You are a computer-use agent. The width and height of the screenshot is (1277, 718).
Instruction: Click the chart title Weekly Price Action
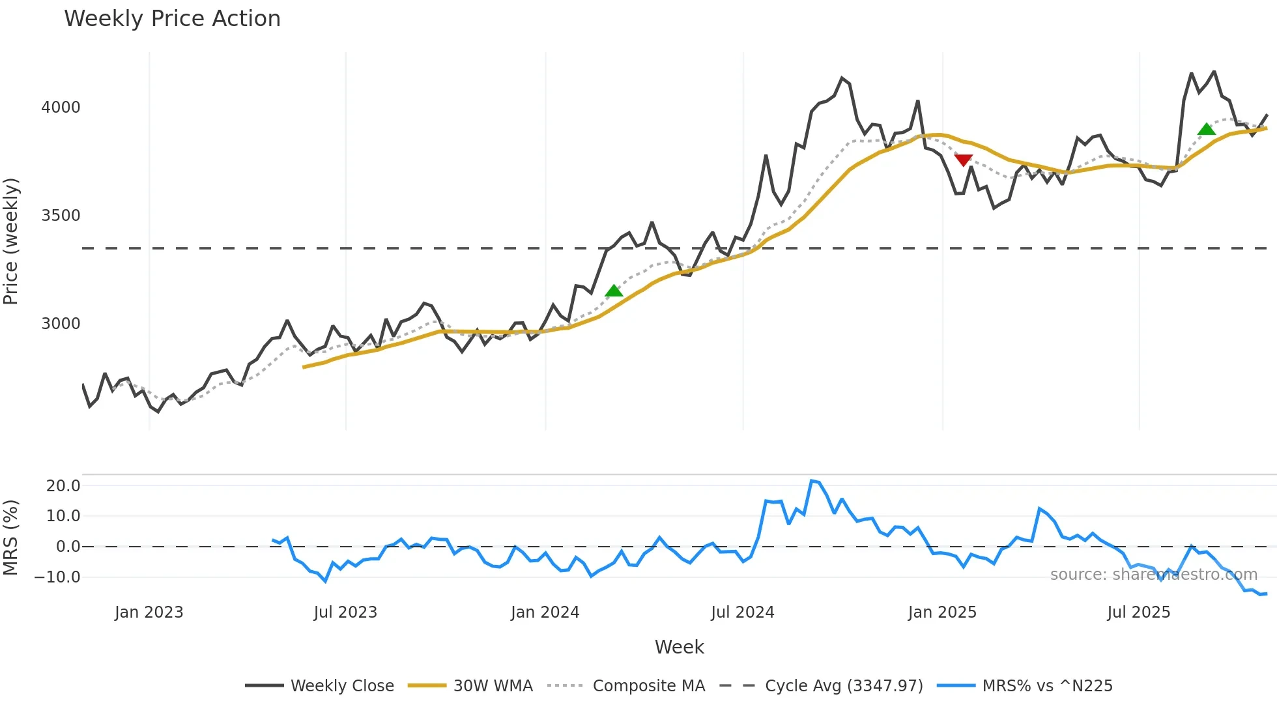(x=172, y=19)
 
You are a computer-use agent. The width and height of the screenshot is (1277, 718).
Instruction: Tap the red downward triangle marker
(x=963, y=160)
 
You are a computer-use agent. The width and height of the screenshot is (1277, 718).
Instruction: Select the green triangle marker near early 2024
(x=614, y=291)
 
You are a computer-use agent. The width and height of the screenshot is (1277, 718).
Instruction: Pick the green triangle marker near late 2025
(x=1207, y=129)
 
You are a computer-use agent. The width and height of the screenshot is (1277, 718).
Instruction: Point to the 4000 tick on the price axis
(x=61, y=108)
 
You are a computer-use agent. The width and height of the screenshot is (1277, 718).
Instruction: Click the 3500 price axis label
(x=61, y=216)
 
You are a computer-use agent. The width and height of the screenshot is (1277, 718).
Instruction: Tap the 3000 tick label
(x=61, y=324)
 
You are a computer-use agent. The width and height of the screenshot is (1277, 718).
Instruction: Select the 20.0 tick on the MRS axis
(x=63, y=486)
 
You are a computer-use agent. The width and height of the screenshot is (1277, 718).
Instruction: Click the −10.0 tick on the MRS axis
(x=57, y=577)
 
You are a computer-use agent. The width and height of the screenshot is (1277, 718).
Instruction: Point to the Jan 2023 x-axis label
(x=149, y=612)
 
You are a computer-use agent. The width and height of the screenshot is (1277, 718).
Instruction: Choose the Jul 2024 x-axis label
(x=743, y=612)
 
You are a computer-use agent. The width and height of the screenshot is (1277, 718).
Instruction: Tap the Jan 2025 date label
(x=942, y=612)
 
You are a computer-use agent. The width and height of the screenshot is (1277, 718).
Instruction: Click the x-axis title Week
(x=679, y=647)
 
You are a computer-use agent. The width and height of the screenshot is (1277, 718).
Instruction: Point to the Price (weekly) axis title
(x=10, y=241)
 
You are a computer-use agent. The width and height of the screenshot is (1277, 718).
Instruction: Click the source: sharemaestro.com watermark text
(x=1154, y=575)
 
